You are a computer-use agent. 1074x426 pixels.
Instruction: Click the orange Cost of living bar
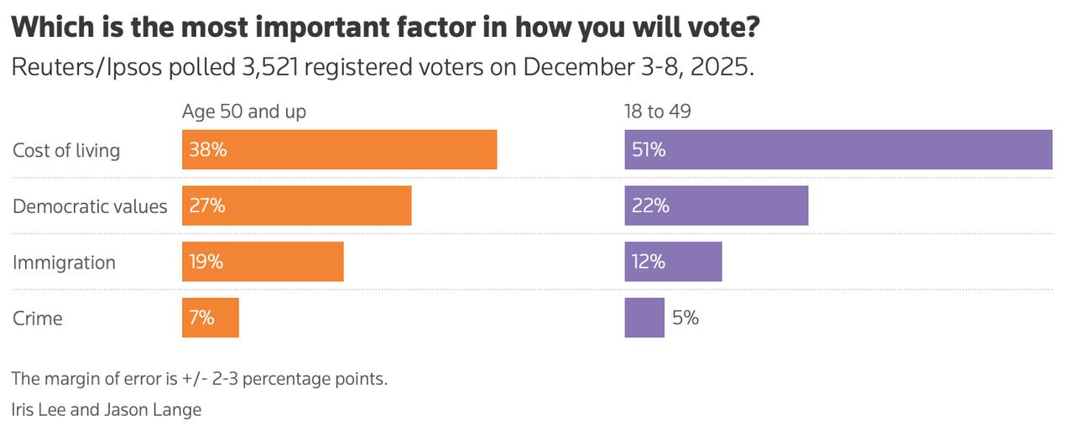coord(339,150)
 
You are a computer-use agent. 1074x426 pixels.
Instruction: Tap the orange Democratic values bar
coord(296,205)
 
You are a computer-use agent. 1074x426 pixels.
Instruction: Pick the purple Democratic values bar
coord(716,205)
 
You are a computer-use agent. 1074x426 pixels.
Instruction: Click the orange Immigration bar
coord(263,262)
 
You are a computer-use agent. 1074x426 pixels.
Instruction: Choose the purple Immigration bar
coord(673,262)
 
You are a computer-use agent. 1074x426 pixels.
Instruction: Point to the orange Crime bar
coord(211,318)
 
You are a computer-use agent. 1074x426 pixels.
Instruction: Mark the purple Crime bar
coord(644,318)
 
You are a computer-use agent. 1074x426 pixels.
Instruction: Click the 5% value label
coord(686,318)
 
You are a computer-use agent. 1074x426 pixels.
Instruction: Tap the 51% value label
coord(649,150)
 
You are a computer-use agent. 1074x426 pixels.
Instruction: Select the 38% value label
coord(207,150)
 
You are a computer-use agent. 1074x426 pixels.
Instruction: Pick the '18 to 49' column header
coord(657,111)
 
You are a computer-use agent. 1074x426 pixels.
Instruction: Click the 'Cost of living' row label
coord(66,150)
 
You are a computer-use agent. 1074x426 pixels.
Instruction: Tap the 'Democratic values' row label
coord(90,206)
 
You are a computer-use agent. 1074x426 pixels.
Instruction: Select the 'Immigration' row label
coord(64,262)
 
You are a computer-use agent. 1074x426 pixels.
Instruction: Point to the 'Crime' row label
coord(38,319)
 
